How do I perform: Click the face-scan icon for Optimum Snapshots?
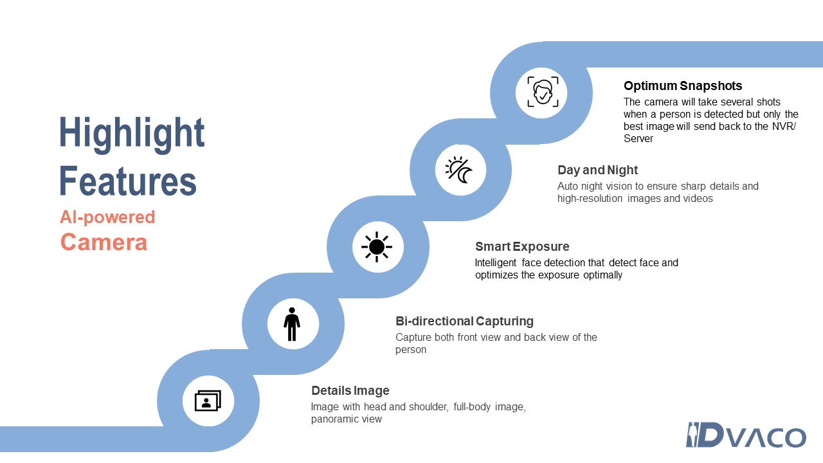click(543, 92)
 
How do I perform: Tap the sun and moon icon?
click(459, 170)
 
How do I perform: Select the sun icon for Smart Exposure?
click(377, 247)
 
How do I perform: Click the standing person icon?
click(292, 324)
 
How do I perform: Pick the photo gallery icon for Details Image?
click(208, 401)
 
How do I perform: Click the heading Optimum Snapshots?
click(683, 86)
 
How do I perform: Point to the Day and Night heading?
click(597, 170)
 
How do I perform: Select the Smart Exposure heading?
click(522, 246)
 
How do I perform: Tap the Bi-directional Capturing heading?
click(464, 321)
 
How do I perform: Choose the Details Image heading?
click(350, 390)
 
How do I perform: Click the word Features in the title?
click(128, 181)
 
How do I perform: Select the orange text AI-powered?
click(107, 217)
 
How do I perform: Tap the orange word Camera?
click(104, 242)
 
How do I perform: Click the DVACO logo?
click(746, 435)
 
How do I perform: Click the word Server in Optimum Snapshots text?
click(638, 138)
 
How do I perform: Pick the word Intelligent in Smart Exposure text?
click(496, 263)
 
